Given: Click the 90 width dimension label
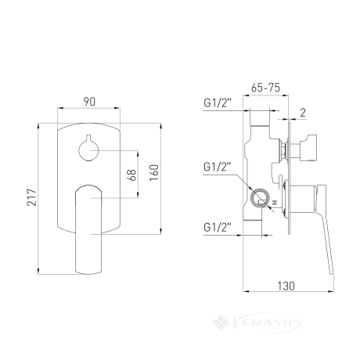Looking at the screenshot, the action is (89, 102).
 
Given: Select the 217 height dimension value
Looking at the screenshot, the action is (33, 197).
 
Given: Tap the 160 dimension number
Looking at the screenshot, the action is (154, 173).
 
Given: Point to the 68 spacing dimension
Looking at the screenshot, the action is (131, 175).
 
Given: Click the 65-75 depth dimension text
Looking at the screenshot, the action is (265, 88).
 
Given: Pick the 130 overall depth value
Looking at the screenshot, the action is (286, 286).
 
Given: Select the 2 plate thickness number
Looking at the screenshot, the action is (303, 113).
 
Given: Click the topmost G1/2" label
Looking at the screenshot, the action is (218, 103).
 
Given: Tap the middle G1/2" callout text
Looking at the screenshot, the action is (218, 167).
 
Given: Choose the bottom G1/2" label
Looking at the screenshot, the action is (218, 227).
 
